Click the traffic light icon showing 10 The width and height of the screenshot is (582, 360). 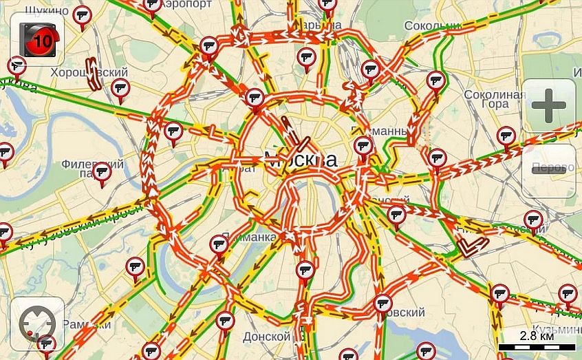[x=38, y=38]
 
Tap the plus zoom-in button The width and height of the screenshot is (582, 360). [x=548, y=105]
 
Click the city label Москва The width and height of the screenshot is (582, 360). [x=301, y=160]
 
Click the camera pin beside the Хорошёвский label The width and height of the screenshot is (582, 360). [x=120, y=88]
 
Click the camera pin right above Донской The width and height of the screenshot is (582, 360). [x=225, y=321]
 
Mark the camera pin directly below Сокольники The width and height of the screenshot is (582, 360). [x=435, y=81]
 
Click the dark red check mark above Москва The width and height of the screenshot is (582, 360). [x=301, y=144]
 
